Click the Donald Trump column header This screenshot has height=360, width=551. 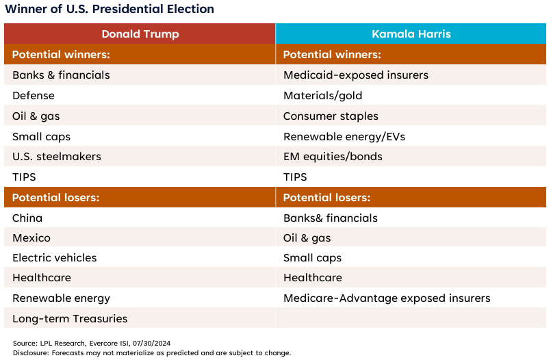[x=140, y=34]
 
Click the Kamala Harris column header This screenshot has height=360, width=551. [x=411, y=34]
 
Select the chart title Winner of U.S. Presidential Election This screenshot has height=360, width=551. [x=110, y=9]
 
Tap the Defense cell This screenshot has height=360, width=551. [x=34, y=96]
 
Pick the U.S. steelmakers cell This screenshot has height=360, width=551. [x=57, y=157]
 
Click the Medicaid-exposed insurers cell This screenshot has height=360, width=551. [x=355, y=75]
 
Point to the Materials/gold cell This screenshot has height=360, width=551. [x=323, y=96]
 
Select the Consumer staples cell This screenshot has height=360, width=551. [x=331, y=116]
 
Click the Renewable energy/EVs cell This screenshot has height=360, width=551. [x=344, y=137]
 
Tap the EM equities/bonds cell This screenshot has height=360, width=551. [x=333, y=157]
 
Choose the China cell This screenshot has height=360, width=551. [x=27, y=218]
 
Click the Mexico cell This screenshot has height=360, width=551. [x=31, y=238]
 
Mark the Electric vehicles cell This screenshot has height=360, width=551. [x=55, y=258]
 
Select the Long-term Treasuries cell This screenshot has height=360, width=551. [x=70, y=319]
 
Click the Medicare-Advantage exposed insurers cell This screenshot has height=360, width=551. [x=387, y=298]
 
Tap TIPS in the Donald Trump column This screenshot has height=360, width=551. [x=24, y=177]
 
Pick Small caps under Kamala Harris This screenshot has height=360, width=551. [x=312, y=258]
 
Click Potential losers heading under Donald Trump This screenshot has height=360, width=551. [x=56, y=198]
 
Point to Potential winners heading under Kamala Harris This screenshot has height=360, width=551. [x=332, y=55]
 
